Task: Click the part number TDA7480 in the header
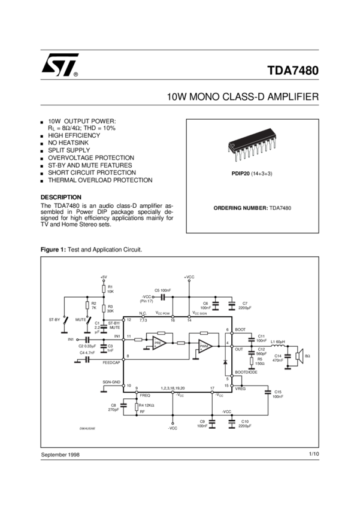pos(292,71)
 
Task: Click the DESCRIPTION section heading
pos(60,197)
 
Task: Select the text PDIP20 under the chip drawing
pos(240,173)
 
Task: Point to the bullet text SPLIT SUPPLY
pos(69,151)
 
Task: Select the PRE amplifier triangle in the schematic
pos(159,344)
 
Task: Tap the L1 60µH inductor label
pos(278,341)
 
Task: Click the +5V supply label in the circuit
pos(104,277)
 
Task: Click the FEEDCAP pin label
pos(111,363)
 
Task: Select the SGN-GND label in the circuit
pos(111,382)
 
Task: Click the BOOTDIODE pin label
pos(245,373)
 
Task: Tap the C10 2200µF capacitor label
pos(245,423)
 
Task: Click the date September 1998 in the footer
pos(60,455)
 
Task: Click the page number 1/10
pos(313,455)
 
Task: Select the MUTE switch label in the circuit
pos(81,320)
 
